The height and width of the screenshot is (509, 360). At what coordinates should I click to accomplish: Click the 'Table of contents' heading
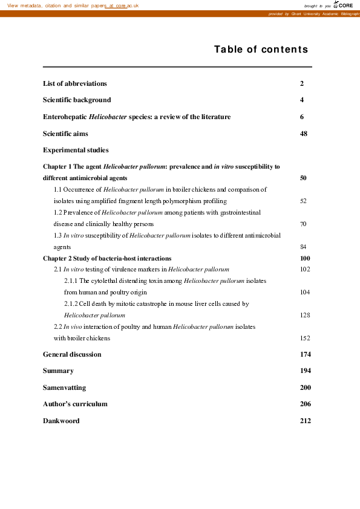(261, 50)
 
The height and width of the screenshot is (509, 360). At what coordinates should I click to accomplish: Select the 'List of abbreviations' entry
(75, 83)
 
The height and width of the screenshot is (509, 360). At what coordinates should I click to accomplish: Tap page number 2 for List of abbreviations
(301, 83)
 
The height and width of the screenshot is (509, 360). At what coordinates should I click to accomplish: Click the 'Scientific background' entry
(77, 100)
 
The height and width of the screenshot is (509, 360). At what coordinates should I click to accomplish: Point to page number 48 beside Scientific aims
(304, 133)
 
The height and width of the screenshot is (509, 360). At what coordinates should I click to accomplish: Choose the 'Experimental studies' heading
(76, 150)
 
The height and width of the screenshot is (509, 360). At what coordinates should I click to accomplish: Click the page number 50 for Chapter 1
(304, 178)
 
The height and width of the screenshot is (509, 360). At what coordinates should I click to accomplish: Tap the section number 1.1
(59, 190)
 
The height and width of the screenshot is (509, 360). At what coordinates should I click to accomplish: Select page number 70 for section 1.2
(303, 224)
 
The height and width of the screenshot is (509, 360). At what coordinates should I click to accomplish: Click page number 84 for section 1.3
(303, 247)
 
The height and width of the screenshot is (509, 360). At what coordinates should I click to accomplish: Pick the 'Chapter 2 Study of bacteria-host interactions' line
(107, 258)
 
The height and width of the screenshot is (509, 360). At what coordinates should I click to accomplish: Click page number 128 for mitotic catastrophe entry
(305, 315)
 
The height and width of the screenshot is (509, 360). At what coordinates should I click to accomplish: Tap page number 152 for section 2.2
(305, 338)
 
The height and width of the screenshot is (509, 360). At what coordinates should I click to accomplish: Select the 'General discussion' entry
(72, 354)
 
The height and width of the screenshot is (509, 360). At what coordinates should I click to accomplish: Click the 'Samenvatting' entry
(64, 387)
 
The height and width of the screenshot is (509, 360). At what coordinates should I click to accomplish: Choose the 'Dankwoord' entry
(61, 421)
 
